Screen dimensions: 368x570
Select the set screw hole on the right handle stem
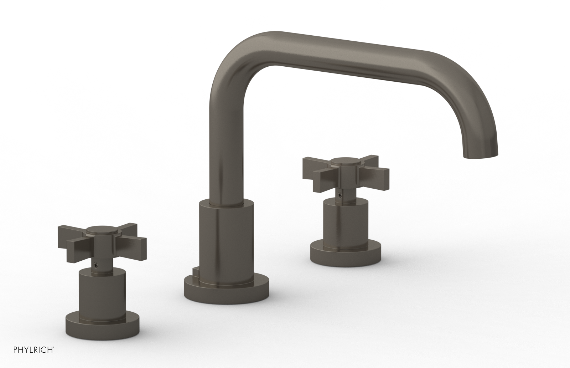342,195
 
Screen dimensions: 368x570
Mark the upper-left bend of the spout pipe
232,53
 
